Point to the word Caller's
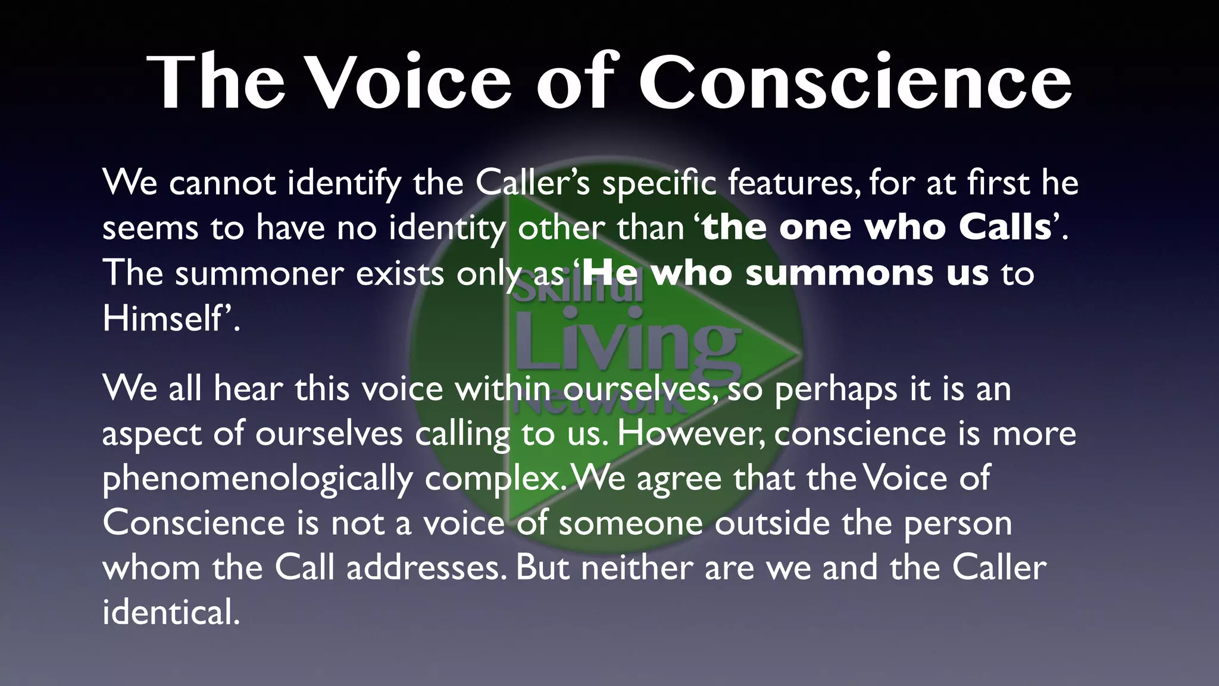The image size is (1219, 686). [x=532, y=182]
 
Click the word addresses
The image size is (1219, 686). [x=423, y=568]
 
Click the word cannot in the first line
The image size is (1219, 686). [x=222, y=182]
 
